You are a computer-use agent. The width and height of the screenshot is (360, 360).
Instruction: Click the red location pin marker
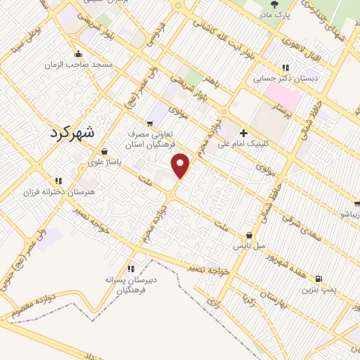click(x=181, y=165)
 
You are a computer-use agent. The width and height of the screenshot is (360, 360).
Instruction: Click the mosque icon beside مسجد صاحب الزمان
click(x=77, y=55)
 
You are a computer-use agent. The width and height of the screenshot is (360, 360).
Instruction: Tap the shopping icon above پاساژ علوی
click(x=104, y=150)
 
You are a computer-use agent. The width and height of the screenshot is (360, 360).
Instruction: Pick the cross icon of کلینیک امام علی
click(x=243, y=133)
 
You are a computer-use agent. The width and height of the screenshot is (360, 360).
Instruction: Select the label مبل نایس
click(x=250, y=246)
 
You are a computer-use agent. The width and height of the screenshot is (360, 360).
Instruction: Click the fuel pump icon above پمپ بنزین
click(x=320, y=278)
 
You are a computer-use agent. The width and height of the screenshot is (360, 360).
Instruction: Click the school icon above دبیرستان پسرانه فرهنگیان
click(x=131, y=268)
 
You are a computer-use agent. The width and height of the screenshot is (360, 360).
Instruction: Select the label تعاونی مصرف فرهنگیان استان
click(x=150, y=139)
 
